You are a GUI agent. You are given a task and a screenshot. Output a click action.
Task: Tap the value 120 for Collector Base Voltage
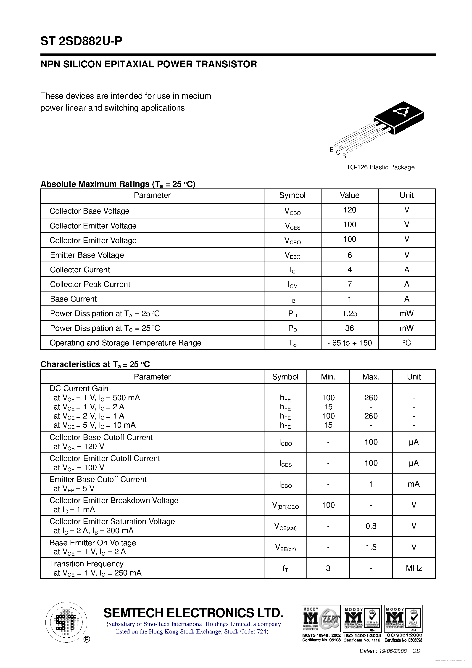pyautogui.click(x=349, y=210)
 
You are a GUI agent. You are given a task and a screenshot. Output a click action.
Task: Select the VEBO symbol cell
pyautogui.click(x=292, y=255)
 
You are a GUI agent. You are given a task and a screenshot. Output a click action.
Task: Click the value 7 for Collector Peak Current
pyautogui.click(x=349, y=284)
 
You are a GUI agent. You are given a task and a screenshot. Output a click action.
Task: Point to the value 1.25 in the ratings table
pyautogui.click(x=349, y=314)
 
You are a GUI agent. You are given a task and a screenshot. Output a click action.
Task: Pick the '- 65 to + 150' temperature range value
pyautogui.click(x=349, y=343)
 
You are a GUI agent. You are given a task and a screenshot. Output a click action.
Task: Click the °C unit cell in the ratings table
pyautogui.click(x=406, y=343)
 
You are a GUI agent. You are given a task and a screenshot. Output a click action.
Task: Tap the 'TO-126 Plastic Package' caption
pyautogui.click(x=380, y=167)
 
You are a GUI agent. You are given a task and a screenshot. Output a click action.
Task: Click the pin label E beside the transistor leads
pyautogui.click(x=331, y=150)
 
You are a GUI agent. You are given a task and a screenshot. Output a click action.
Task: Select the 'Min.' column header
pyautogui.click(x=328, y=377)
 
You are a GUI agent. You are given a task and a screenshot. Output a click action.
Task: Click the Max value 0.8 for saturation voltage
pyautogui.click(x=371, y=526)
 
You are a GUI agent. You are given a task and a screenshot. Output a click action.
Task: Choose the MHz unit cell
pyautogui.click(x=414, y=568)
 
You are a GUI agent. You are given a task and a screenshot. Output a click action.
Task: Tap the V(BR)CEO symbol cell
pyautogui.click(x=285, y=506)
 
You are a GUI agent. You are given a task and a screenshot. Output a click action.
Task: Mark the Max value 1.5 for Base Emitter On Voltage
pyautogui.click(x=371, y=547)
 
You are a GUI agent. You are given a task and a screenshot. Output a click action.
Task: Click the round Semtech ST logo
pyautogui.click(x=66, y=622)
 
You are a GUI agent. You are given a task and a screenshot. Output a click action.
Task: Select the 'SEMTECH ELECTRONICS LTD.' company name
pyautogui.click(x=193, y=613)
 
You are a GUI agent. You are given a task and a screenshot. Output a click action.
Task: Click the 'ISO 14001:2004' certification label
pyautogui.click(x=362, y=635)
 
